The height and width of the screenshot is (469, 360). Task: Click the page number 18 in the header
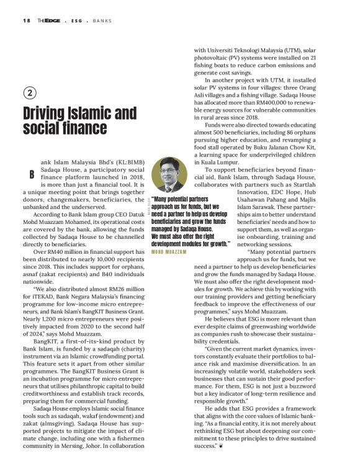click(x=26, y=20)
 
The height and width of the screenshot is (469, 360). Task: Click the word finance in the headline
click(x=82, y=128)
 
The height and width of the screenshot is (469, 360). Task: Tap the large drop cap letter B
click(x=30, y=176)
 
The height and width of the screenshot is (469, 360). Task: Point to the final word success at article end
click(x=207, y=445)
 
